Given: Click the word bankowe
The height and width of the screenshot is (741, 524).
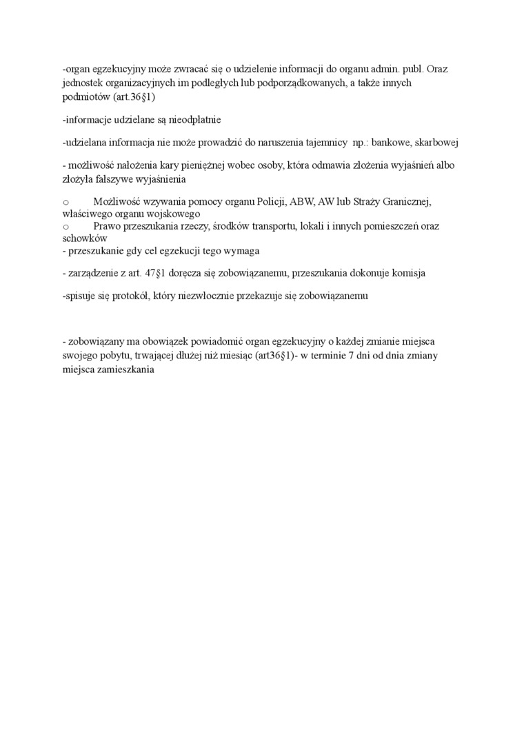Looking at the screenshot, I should tap(392, 143).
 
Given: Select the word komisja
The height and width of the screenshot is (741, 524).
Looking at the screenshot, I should tap(407, 273).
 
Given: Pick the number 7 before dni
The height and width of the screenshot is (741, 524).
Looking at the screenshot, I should tap(350, 356).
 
